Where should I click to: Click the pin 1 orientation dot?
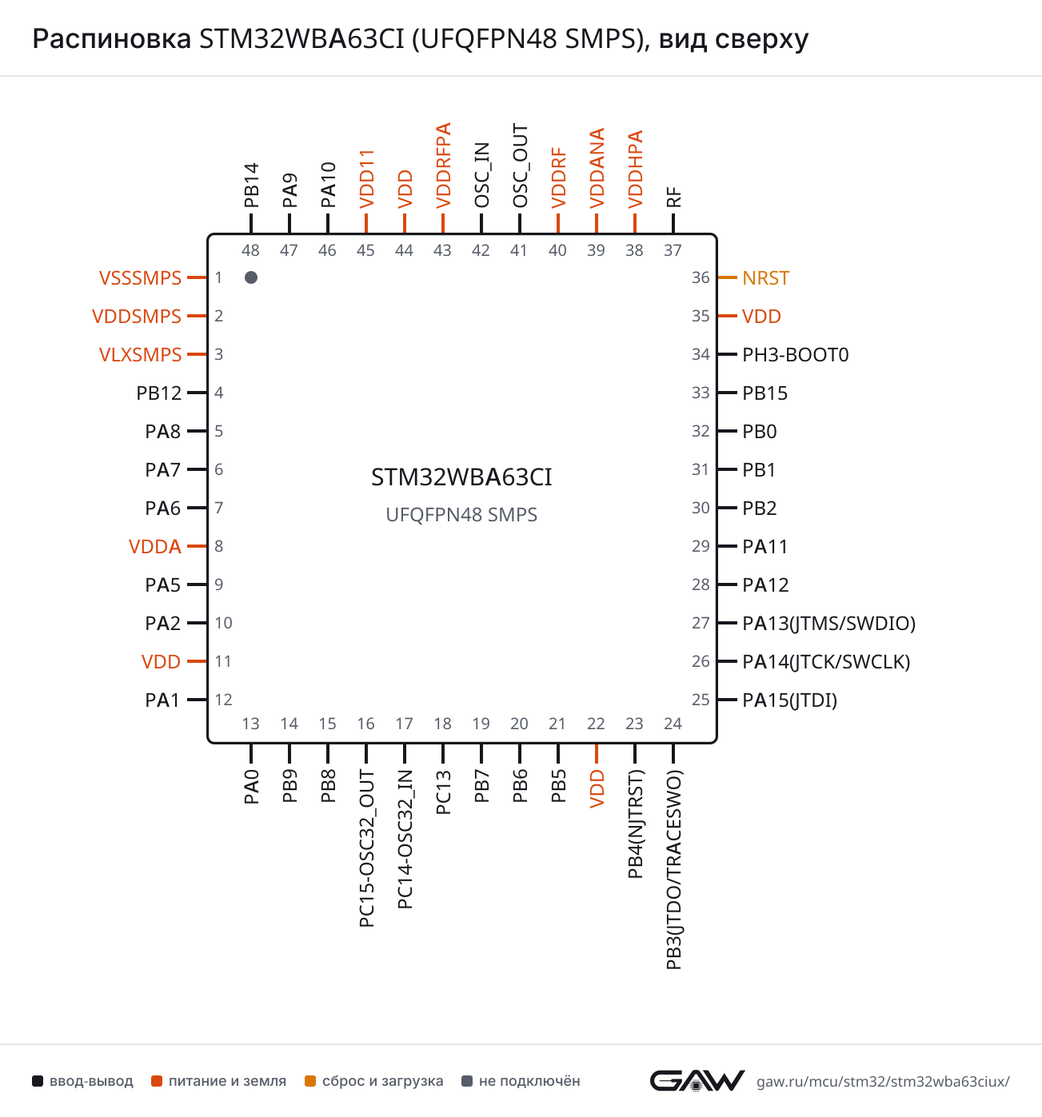(251, 277)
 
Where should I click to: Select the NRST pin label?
(765, 277)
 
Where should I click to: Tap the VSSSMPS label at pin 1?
(140, 277)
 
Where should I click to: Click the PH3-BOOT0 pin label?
(795, 355)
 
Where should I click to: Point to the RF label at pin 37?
(673, 197)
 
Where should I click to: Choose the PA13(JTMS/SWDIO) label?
(828, 623)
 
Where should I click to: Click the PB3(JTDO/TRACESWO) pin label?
(673, 870)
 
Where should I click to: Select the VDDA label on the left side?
(154, 547)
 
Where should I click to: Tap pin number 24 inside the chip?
(673, 724)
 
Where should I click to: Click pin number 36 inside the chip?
(701, 277)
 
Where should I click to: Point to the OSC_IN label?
(481, 175)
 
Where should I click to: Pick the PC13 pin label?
(443, 792)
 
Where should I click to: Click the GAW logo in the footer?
(697, 1081)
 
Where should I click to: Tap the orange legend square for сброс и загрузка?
(310, 1081)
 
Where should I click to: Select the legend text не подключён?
(529, 1081)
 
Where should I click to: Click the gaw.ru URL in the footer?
(883, 1082)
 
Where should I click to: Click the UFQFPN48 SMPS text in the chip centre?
(461, 515)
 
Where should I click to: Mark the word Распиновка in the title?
(111, 39)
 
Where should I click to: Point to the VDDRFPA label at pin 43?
(443, 166)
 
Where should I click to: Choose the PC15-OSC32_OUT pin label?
(366, 848)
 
